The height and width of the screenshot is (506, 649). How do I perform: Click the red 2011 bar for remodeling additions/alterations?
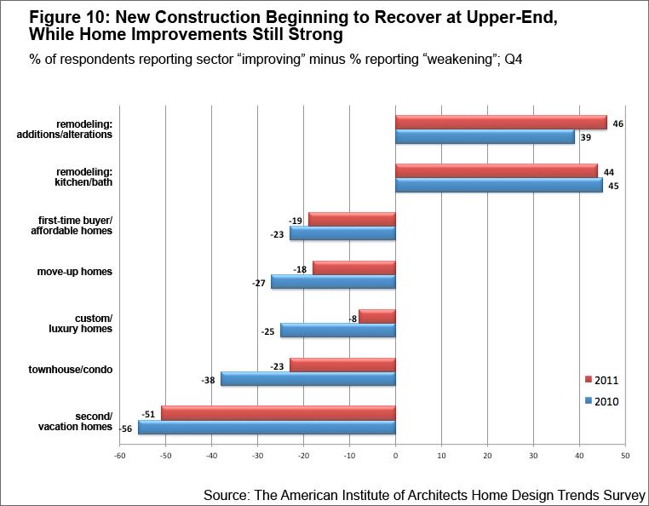[501, 123]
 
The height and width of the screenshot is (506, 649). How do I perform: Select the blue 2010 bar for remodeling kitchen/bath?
[498, 185]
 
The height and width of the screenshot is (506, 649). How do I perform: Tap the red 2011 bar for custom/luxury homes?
[376, 317]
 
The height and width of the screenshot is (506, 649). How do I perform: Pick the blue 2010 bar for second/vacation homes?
[267, 428]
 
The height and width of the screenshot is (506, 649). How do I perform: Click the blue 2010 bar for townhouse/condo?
[307, 379]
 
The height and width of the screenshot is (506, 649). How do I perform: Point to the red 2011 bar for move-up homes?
[353, 267]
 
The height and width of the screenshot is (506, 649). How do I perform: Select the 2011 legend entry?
[604, 379]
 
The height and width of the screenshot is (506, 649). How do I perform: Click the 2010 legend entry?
[604, 401]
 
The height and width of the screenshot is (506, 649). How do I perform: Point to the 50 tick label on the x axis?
[625, 457]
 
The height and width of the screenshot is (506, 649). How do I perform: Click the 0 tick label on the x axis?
[395, 457]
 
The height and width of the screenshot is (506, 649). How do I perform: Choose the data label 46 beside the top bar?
[618, 123]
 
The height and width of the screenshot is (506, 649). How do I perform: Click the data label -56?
[123, 428]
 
